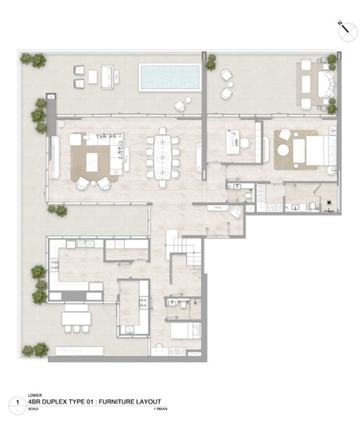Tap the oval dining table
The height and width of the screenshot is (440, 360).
click(165, 157)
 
